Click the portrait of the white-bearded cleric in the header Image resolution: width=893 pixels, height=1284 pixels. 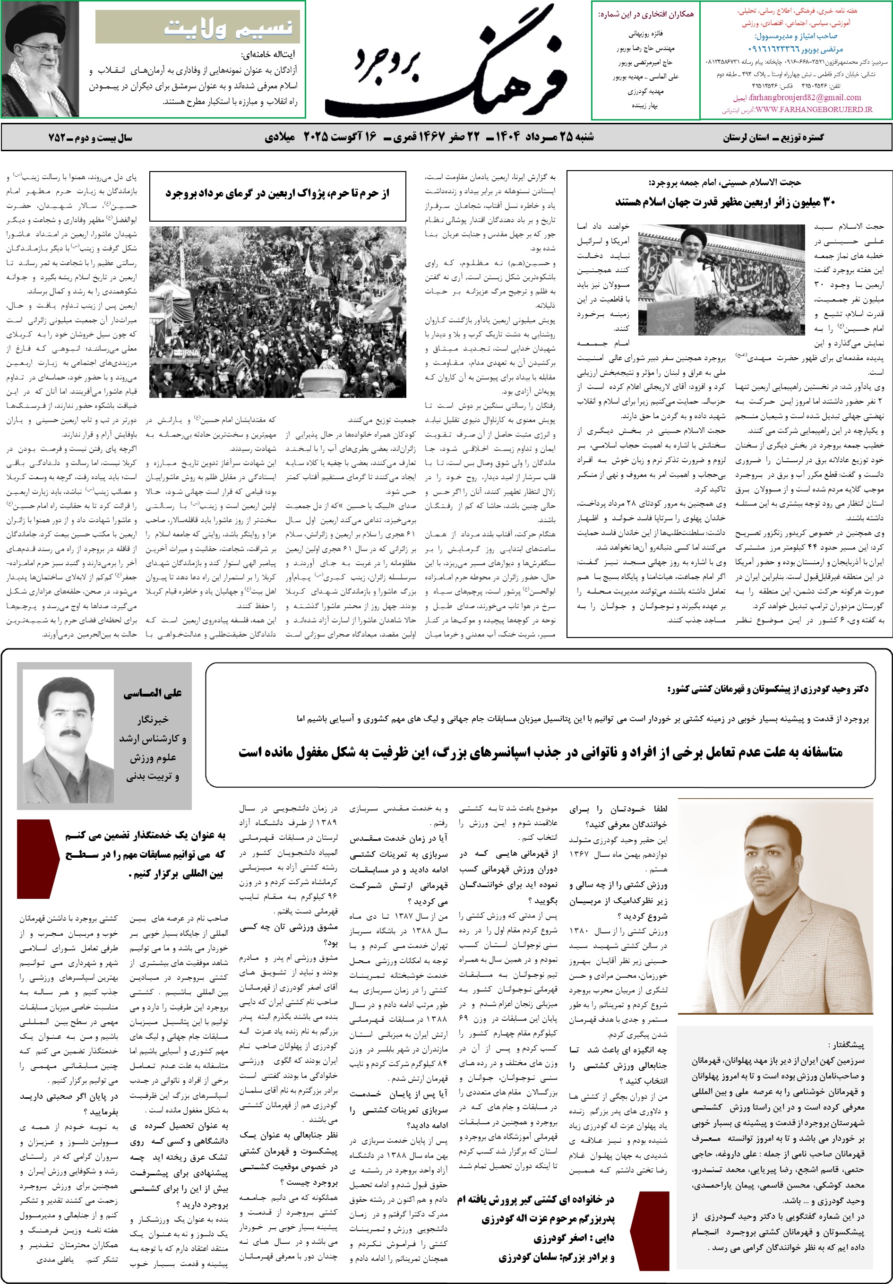pos(40,59)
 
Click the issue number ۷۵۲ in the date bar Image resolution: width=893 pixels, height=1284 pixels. pos(57,138)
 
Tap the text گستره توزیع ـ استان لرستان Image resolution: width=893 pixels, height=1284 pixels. pos(773,138)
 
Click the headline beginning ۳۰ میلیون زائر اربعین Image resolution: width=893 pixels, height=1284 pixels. pos(725,202)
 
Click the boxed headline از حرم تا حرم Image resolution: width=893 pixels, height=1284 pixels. pos(277,193)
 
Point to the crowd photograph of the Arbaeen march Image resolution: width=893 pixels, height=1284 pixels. pos(277,311)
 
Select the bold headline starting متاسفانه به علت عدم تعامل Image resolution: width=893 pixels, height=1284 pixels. pos(540,752)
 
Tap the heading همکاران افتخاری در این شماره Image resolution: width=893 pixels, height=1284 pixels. pos(646,15)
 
